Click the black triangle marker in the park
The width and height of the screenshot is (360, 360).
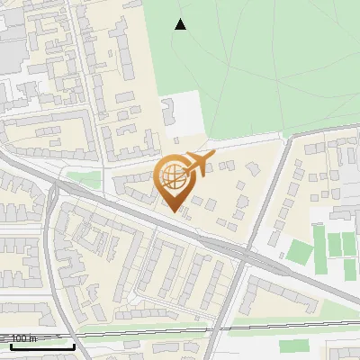[x=181, y=24]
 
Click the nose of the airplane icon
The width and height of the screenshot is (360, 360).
[x=214, y=155]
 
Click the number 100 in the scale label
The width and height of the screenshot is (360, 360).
[x=19, y=338]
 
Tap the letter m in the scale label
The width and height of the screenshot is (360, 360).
[x=33, y=338]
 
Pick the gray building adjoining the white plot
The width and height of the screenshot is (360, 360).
[x=168, y=112]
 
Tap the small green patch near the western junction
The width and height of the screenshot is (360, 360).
[x=84, y=179]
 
